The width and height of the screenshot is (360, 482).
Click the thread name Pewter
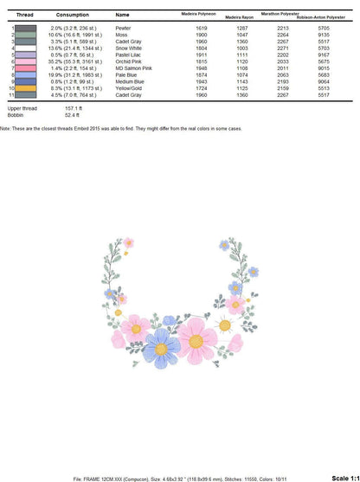pyautogui.click(x=122, y=28)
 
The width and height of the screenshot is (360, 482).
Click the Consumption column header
pyautogui.click(x=72, y=15)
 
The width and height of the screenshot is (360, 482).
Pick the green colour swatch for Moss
pyautogui.click(x=26, y=35)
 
